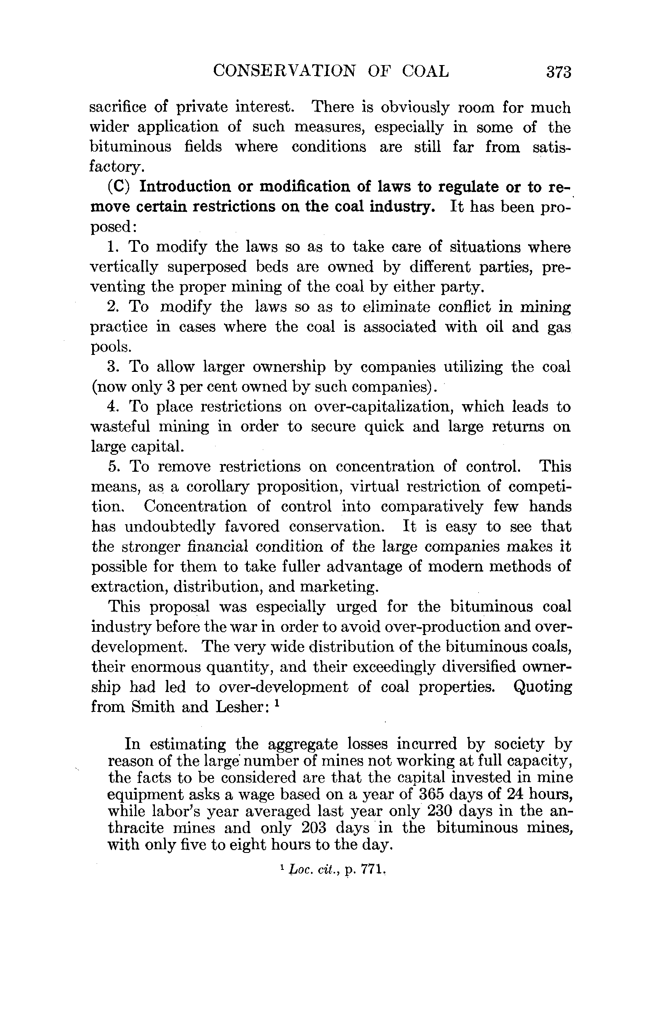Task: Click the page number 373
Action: tap(558, 72)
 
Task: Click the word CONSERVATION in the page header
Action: tap(284, 71)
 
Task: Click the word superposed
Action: tap(207, 267)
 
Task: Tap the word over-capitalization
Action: tap(383, 406)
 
